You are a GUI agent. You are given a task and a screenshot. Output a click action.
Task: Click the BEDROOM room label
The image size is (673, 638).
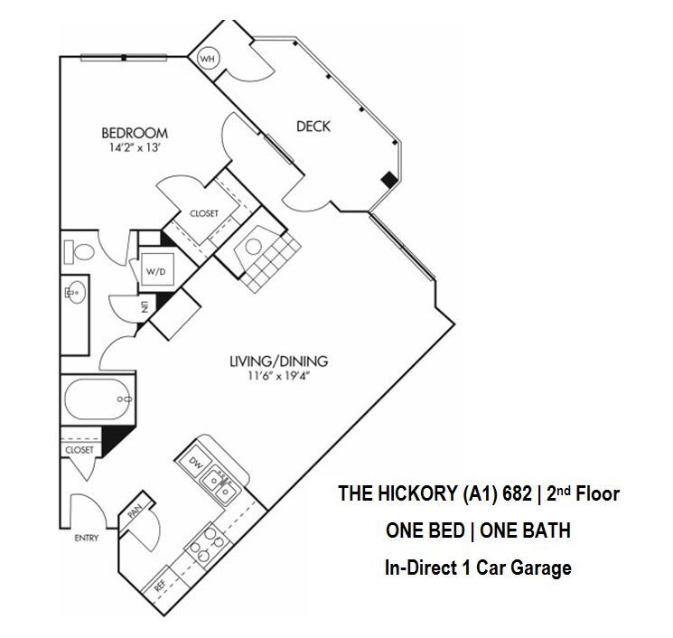pos(136,134)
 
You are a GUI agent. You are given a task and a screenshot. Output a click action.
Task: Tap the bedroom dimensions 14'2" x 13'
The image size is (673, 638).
pos(136,151)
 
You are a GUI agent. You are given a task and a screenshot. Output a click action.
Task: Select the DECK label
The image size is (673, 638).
pos(313,127)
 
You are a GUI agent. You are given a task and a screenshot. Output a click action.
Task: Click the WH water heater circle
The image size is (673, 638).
pos(208,59)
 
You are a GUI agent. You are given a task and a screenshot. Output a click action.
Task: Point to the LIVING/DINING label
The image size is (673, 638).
pos(278,362)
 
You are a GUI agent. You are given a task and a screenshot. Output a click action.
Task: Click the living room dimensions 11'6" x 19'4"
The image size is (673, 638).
pos(278,379)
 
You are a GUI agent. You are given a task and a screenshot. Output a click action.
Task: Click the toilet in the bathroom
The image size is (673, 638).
pos(79,250)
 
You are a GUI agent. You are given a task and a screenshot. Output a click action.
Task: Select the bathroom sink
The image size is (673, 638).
pos(74,292)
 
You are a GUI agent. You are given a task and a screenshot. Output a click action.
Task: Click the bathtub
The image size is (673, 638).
pos(96,398)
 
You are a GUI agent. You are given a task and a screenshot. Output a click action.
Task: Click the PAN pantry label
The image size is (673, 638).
pos(136,512)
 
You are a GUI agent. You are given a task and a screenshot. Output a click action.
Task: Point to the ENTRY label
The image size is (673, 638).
pos(86,539)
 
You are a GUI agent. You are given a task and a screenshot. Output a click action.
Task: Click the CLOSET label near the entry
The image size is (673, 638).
pos(79,449)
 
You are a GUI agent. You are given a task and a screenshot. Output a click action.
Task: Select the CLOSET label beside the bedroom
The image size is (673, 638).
pos(203,214)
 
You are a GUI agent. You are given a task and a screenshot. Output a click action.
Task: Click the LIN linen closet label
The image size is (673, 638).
pos(143,307)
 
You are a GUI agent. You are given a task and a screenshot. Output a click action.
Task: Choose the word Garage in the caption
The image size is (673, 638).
pos(538,568)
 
